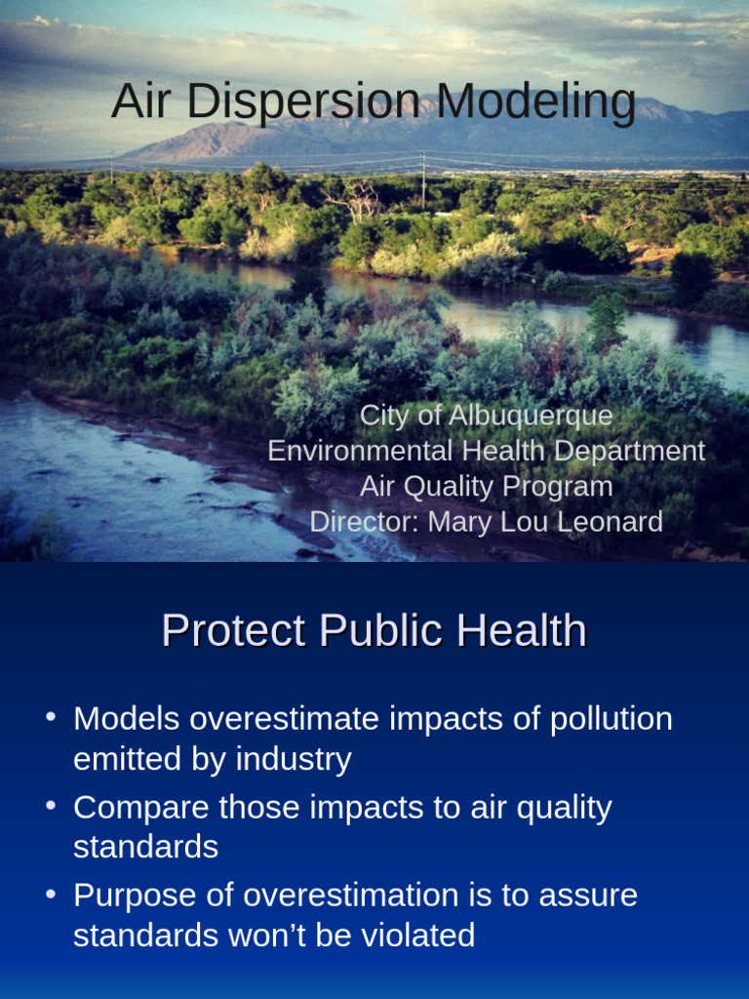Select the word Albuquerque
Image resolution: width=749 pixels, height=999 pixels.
pos(528,416)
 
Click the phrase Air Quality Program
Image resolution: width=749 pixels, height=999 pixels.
pos(486,486)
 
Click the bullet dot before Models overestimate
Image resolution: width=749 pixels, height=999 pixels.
pos(50,718)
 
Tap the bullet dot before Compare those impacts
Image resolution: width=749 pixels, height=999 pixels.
pos(50,807)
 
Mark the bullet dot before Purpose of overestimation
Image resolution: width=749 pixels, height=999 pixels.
pos(50,895)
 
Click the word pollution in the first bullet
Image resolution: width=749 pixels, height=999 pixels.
pos(611,719)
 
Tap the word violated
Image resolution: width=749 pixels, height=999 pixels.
pos(414,936)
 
